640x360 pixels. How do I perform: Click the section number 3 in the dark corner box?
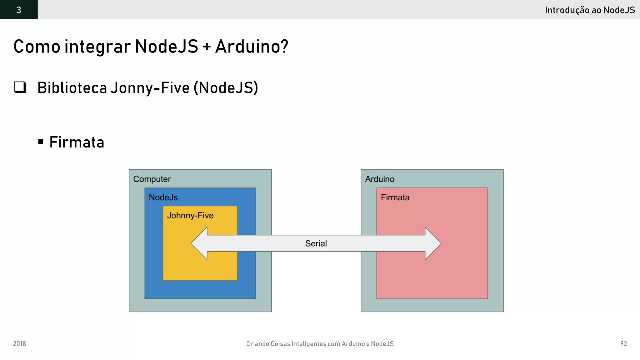click(19, 10)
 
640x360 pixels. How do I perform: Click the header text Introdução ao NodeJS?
click(590, 10)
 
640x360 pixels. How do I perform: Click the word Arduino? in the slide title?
click(252, 47)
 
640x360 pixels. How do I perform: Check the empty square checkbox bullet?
click(20, 87)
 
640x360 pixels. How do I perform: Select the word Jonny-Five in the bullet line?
click(150, 88)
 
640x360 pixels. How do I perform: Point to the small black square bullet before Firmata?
click(41, 142)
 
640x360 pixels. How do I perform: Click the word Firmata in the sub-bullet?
click(77, 142)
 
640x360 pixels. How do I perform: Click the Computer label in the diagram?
click(152, 179)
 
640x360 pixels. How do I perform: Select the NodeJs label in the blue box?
click(163, 197)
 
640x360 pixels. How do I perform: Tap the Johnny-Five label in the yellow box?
click(190, 216)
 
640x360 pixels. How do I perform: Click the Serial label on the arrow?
click(316, 243)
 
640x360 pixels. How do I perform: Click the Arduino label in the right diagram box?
click(380, 179)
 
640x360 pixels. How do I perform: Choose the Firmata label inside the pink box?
click(395, 197)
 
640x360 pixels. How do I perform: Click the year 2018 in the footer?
click(19, 344)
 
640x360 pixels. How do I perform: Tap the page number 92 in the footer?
click(623, 344)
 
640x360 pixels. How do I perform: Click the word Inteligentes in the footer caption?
click(309, 344)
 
